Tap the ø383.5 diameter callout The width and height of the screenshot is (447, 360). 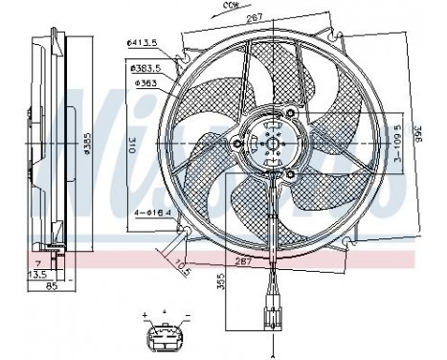[x=145, y=67]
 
